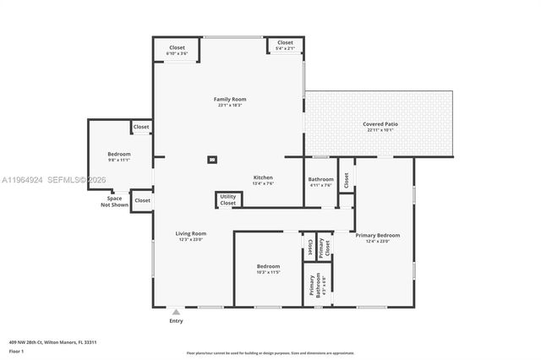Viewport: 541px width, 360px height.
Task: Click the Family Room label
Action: tap(230, 100)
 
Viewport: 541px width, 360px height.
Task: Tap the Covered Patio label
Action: tap(380, 124)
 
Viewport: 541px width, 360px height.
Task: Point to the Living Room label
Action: tap(191, 233)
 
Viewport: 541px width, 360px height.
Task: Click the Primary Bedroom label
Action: tap(377, 235)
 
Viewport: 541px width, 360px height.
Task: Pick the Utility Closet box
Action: tap(228, 200)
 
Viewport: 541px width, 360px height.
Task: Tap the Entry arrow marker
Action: tap(176, 311)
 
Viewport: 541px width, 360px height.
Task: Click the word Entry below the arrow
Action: tap(176, 321)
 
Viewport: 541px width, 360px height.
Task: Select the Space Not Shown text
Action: tap(114, 201)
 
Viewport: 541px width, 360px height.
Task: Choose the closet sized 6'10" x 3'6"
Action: tap(177, 50)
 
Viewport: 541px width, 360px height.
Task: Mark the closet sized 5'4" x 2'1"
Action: tap(285, 45)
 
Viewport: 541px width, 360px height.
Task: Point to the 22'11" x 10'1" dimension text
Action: tap(380, 130)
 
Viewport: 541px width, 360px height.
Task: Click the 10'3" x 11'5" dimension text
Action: tap(268, 272)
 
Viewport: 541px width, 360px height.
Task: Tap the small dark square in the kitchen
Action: tap(212, 159)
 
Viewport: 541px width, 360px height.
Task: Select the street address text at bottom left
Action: tap(52, 342)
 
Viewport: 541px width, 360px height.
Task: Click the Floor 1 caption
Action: tap(16, 351)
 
